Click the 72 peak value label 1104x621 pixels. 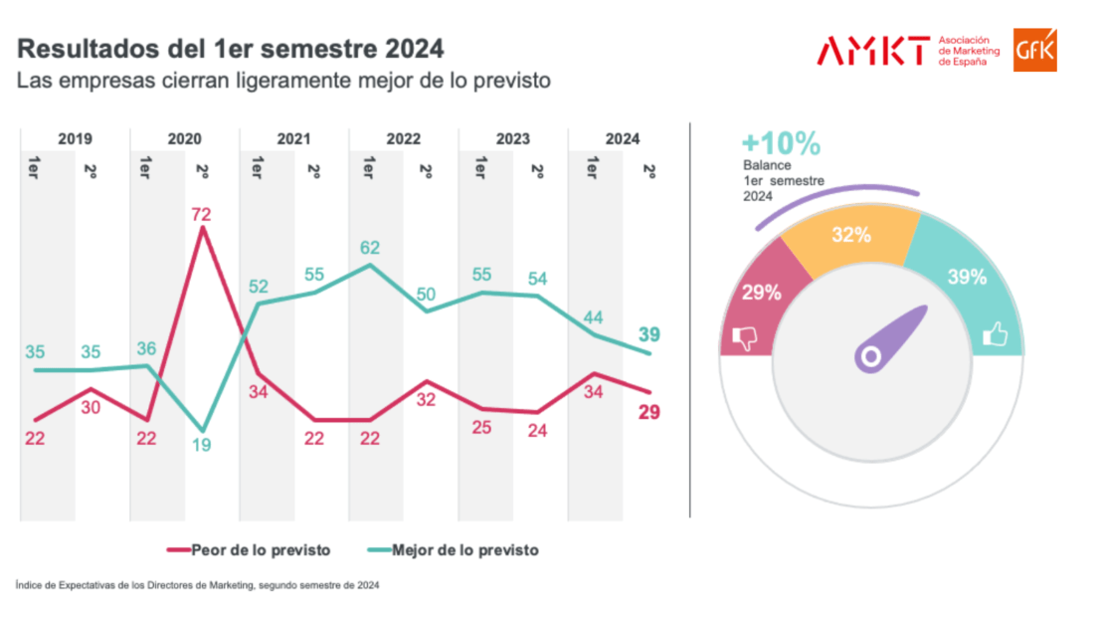202,214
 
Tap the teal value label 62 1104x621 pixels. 370,248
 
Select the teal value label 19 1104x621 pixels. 202,446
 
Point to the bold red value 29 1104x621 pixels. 649,412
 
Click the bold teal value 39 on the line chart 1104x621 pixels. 649,334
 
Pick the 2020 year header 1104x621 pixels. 185,139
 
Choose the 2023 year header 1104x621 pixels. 513,139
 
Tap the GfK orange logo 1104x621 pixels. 1034,50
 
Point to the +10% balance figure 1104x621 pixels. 781,145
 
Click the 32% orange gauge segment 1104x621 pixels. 852,236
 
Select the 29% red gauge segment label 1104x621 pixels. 761,293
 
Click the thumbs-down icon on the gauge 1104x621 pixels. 745,338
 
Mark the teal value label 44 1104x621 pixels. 594,317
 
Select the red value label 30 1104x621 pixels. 91,407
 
